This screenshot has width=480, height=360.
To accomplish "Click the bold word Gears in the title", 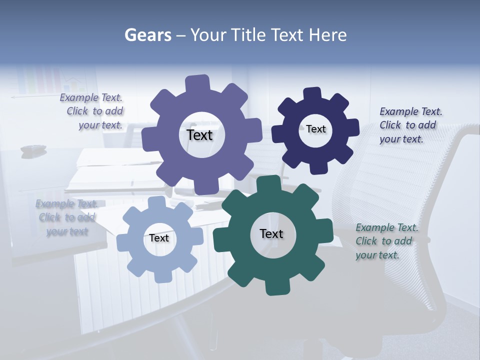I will (x=148, y=35).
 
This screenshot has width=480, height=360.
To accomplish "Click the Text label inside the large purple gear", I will (x=199, y=135).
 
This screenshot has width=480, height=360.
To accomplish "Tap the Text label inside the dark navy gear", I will (x=315, y=129).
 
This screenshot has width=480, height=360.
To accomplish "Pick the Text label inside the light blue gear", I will (x=158, y=238).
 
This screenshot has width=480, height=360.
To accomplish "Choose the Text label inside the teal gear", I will (x=271, y=233).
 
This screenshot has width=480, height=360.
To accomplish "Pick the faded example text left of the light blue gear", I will (x=66, y=217).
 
